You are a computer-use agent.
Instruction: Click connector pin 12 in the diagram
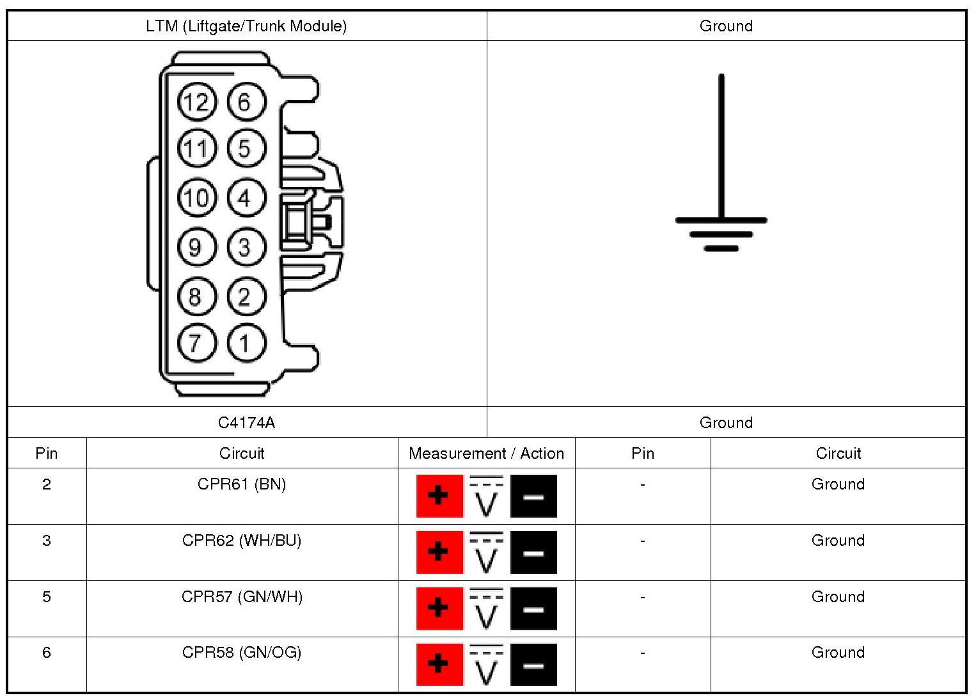click(196, 102)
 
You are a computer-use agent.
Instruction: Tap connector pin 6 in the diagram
click(246, 102)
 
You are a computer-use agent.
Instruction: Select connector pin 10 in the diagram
click(196, 198)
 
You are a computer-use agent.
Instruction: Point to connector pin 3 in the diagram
click(246, 247)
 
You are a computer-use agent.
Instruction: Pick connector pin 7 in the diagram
click(196, 342)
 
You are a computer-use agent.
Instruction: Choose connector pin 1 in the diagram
click(246, 342)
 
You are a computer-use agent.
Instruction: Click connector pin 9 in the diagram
click(196, 247)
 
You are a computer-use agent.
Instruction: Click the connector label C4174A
click(247, 422)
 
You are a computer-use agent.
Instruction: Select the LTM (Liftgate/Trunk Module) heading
click(246, 26)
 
